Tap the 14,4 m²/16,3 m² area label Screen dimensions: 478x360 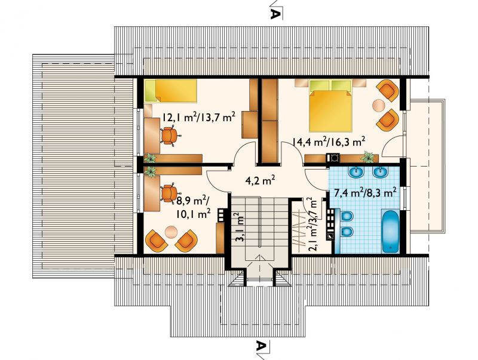(x=329, y=141)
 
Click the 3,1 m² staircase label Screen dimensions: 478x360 (x=241, y=227)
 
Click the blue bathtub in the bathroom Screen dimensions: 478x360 (x=391, y=231)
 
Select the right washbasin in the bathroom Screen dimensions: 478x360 (x=380, y=172)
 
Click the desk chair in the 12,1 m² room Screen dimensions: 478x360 (x=169, y=136)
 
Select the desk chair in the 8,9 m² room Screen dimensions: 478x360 (x=168, y=193)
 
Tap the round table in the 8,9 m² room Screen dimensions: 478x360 (x=171, y=231)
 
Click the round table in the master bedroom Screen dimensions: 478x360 (x=378, y=106)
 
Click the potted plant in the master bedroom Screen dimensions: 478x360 (x=367, y=157)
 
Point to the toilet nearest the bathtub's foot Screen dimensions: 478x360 (x=345, y=232)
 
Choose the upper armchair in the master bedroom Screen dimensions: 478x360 (x=388, y=90)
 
